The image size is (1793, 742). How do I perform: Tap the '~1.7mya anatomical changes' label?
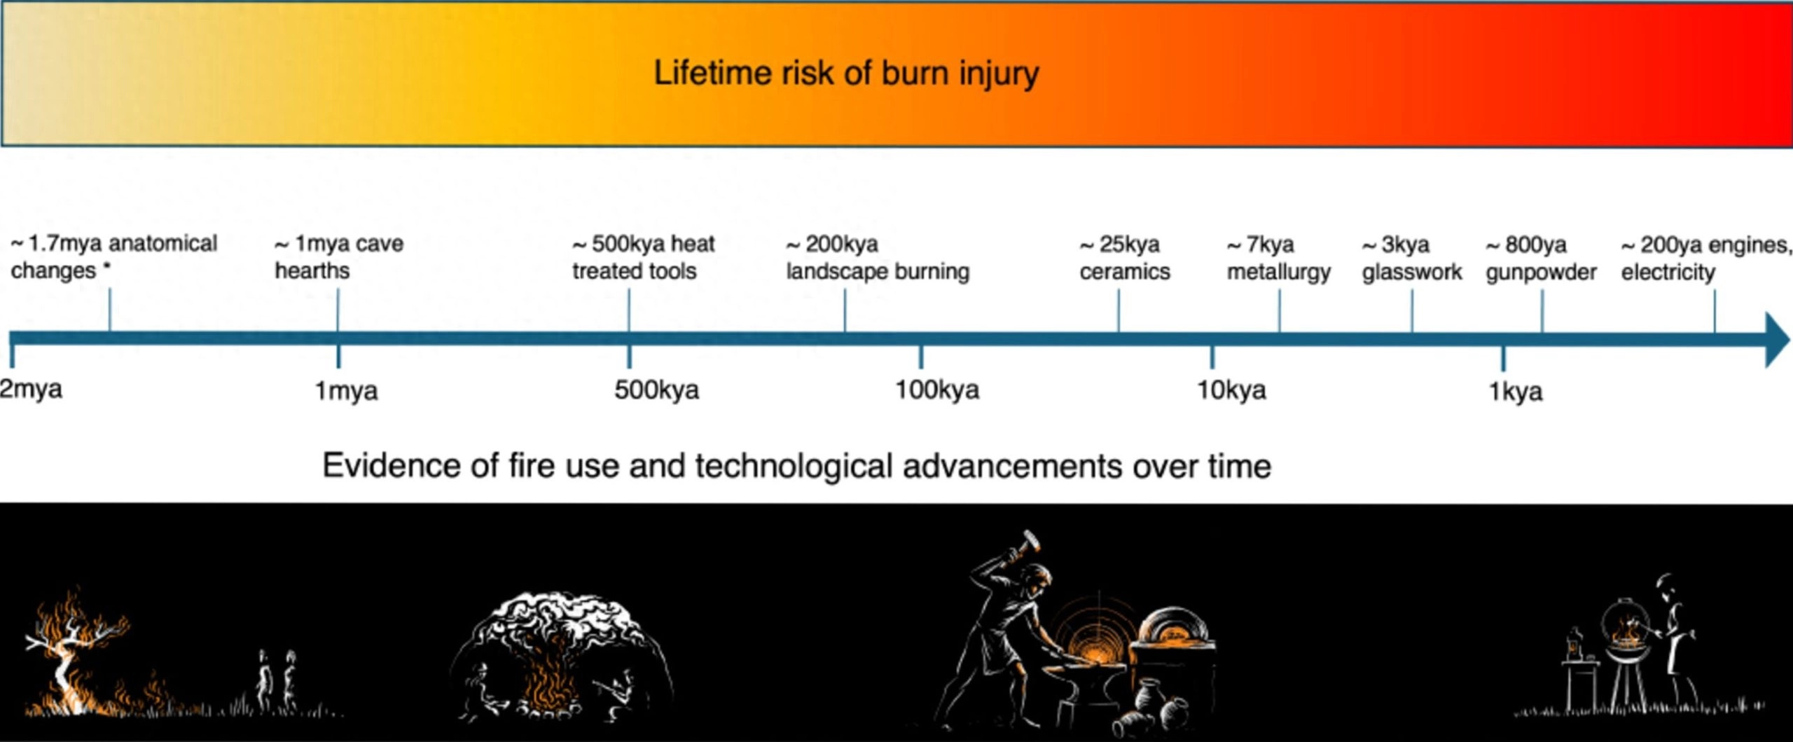(x=114, y=257)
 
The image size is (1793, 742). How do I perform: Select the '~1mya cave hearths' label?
(x=339, y=257)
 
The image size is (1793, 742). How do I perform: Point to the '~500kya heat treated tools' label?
(x=643, y=257)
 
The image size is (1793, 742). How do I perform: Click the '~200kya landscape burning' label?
(x=878, y=258)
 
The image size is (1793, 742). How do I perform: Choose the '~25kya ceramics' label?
(x=1125, y=258)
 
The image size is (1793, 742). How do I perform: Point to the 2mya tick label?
(x=31, y=390)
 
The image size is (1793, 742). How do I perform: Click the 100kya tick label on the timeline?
(x=937, y=390)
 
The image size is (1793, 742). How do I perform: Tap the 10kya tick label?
(x=1231, y=390)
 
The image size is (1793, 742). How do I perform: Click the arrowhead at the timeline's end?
(x=1778, y=340)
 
